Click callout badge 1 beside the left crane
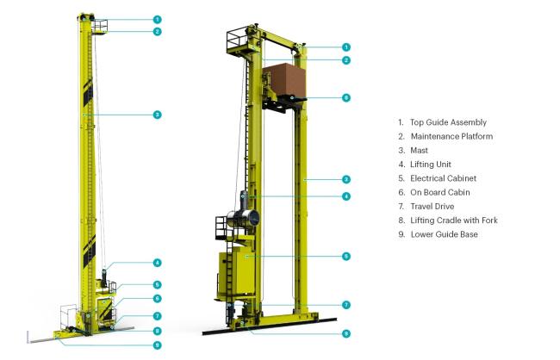pyautogui.click(x=157, y=19)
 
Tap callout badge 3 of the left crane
pyautogui.click(x=157, y=115)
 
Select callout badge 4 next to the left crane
pyautogui.click(x=157, y=263)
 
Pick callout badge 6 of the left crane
pyautogui.click(x=157, y=299)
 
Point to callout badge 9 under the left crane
pyautogui.click(x=157, y=345)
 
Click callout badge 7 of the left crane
pyautogui.click(x=157, y=316)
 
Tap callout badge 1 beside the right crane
pyautogui.click(x=346, y=47)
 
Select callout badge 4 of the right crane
pyautogui.click(x=346, y=196)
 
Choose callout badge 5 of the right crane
pyautogui.click(x=346, y=257)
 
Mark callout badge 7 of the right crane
pyautogui.click(x=346, y=305)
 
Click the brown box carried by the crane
pyautogui.click(x=284, y=79)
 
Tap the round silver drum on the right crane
pyautogui.click(x=243, y=218)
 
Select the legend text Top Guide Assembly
pyautogui.click(x=448, y=122)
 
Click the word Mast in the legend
pyautogui.click(x=419, y=151)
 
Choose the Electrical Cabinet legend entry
pyautogui.click(x=443, y=178)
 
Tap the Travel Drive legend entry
pyautogui.click(x=432, y=207)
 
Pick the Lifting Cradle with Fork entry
pyautogui.click(x=454, y=220)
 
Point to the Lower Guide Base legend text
pyautogui.click(x=445, y=234)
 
